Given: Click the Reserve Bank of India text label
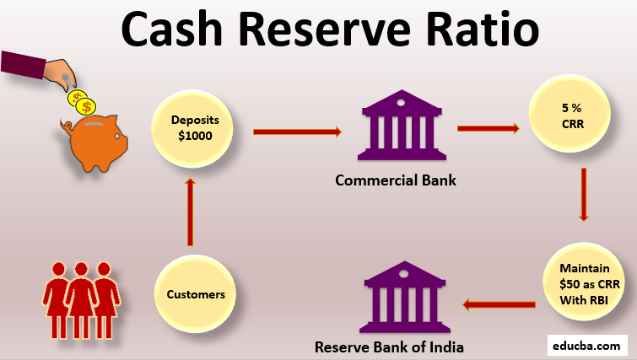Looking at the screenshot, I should [389, 347].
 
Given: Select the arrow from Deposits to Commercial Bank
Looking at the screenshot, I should [297, 132].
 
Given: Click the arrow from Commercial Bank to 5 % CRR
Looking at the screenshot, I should [488, 129].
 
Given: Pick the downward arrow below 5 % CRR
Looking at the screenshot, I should [583, 193].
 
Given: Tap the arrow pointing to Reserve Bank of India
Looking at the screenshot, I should [503, 304].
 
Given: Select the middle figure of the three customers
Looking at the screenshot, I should [81, 295].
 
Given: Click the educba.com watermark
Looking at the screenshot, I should [588, 345].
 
